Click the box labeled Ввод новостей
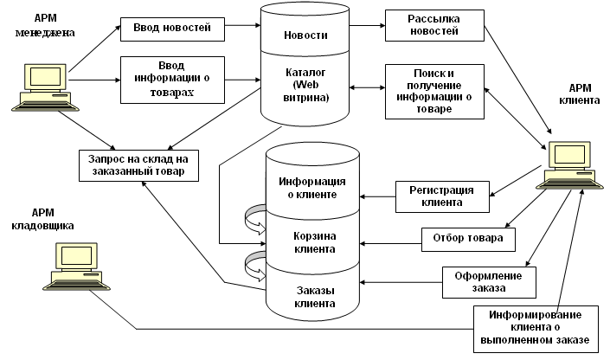172,29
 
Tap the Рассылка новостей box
433,26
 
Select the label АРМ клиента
585,93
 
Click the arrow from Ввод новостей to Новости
242,29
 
